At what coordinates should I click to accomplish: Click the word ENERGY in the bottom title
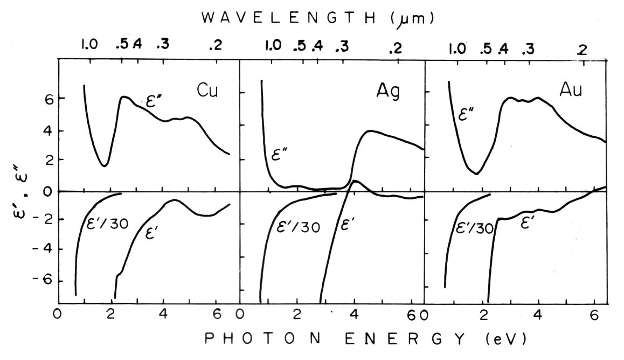point(409,340)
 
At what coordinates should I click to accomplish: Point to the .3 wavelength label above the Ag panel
point(342,47)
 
